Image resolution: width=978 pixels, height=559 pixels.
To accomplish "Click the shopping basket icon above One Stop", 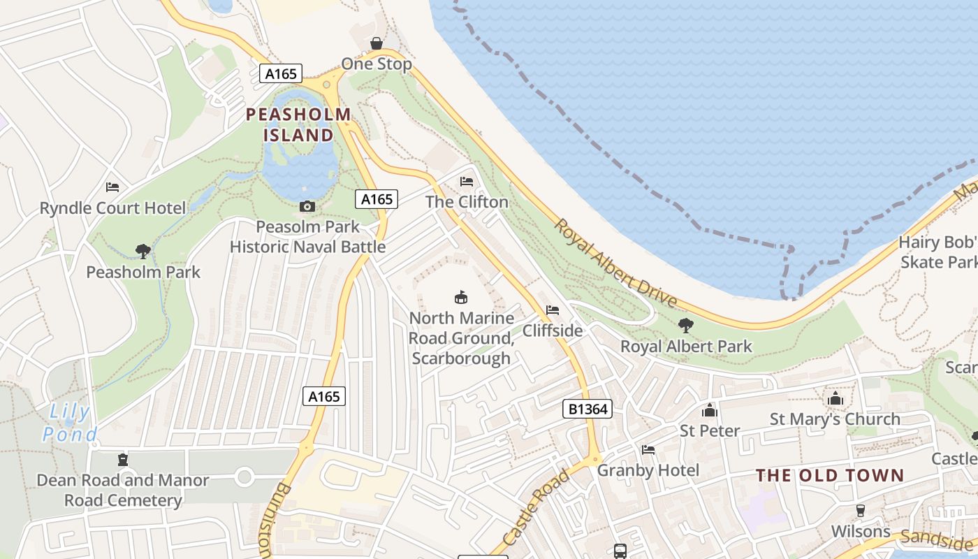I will [x=377, y=43].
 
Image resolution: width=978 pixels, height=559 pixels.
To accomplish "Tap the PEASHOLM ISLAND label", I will [x=298, y=124].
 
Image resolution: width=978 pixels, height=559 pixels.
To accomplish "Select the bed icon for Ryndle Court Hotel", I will [x=112, y=187].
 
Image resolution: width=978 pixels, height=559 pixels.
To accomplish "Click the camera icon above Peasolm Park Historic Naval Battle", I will [x=307, y=206].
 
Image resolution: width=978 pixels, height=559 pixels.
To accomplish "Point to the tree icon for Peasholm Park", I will [x=143, y=251].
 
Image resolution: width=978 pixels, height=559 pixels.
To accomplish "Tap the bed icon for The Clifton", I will [x=467, y=182].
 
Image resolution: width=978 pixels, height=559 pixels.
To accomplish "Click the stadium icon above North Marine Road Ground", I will [x=461, y=297].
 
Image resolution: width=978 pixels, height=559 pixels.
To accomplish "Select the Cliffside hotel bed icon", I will [x=553, y=310].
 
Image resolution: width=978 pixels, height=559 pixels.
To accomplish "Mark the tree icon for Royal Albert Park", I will [x=686, y=325].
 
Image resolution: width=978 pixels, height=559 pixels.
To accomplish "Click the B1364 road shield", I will [x=587, y=409].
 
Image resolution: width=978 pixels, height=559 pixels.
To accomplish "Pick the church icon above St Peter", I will [x=710, y=410].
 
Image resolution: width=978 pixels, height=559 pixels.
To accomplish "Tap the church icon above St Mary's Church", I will [x=835, y=399].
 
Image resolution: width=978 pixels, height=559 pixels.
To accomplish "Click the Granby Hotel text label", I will [x=648, y=470].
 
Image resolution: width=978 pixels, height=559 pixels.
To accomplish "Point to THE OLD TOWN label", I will [x=830, y=476].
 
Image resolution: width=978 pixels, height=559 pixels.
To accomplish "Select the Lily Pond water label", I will [x=70, y=423].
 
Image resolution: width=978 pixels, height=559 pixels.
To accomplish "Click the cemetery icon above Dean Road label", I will [x=123, y=460].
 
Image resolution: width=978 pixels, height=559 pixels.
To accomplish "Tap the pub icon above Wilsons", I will [x=861, y=511].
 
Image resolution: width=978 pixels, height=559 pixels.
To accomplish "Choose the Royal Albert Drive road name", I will [x=615, y=263].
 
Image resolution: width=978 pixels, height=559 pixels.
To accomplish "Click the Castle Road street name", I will [x=537, y=507].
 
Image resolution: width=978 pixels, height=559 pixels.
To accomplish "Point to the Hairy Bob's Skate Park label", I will [x=938, y=252].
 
